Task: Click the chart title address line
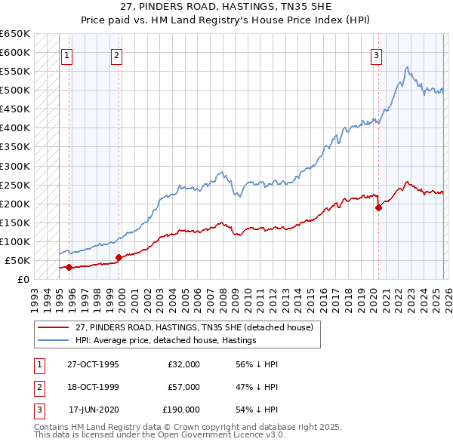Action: pyautogui.click(x=226, y=6)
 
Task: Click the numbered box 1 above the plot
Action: pyautogui.click(x=67, y=54)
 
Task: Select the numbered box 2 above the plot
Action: pyautogui.click(x=117, y=54)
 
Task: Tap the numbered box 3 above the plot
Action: pyautogui.click(x=376, y=54)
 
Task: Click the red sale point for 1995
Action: pyautogui.click(x=69, y=267)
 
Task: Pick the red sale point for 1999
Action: pyautogui.click(x=119, y=257)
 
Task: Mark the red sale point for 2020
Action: pyautogui.click(x=378, y=207)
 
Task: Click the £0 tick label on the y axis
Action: pyautogui.click(x=23, y=279)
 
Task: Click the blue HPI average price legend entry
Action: pyautogui.click(x=165, y=340)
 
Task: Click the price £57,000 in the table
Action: pyautogui.click(x=184, y=387)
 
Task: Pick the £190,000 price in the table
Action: pyautogui.click(x=181, y=410)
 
